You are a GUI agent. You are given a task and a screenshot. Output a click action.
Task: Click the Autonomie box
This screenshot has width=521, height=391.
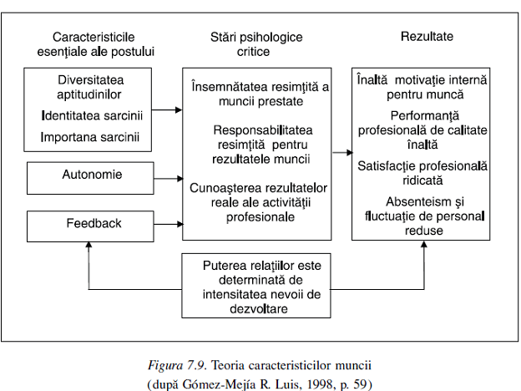click(92, 176)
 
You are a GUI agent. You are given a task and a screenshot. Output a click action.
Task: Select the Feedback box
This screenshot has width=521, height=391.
click(92, 224)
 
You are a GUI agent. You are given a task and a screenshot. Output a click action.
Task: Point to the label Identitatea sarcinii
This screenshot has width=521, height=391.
click(92, 114)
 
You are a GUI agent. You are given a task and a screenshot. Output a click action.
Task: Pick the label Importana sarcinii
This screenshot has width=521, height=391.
click(92, 136)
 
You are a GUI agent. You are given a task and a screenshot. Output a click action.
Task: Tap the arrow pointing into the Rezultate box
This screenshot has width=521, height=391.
click(341, 153)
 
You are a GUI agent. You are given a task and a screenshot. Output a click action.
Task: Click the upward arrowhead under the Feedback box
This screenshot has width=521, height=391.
click(89, 246)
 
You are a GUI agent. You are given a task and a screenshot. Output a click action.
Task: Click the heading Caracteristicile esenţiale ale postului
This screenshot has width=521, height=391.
click(104, 44)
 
